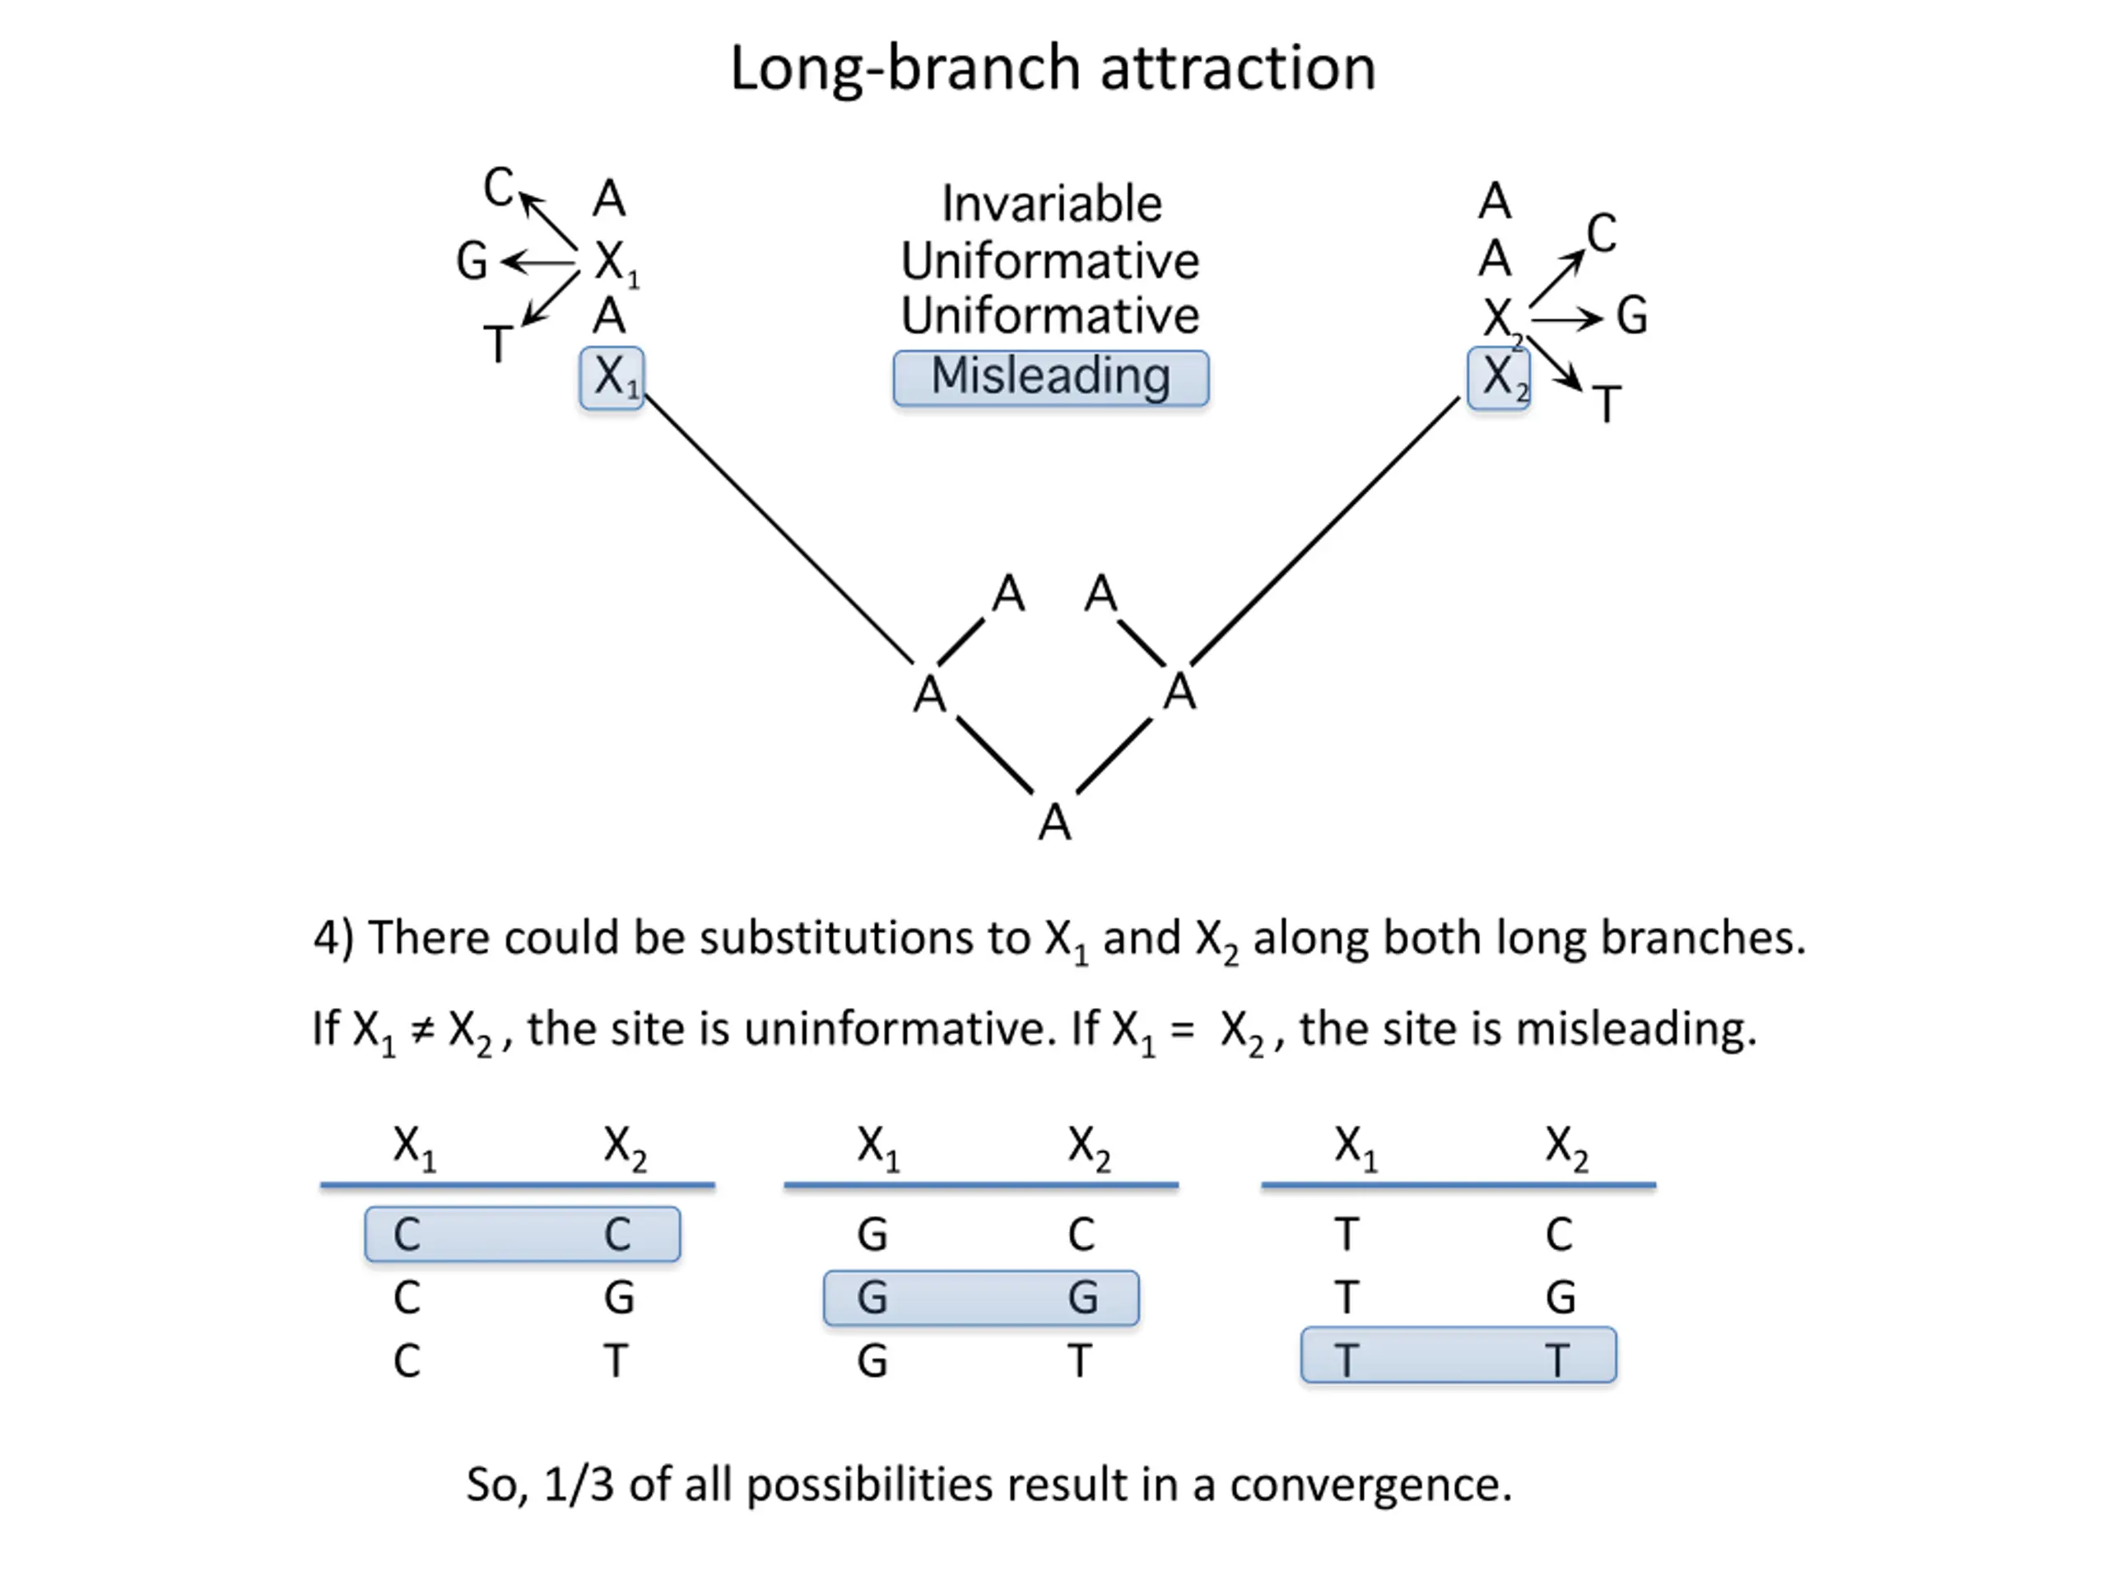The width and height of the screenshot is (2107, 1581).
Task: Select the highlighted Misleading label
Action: click(1051, 377)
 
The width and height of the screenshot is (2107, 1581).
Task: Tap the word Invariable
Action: click(1052, 204)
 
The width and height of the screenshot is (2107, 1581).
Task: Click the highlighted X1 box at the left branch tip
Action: click(612, 377)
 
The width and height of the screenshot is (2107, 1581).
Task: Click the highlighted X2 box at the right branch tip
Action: click(1498, 377)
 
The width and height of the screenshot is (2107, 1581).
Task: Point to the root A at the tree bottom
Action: click(1054, 823)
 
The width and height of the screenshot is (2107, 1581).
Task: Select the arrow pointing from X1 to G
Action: click(539, 261)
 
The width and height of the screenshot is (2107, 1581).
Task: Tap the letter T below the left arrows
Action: click(498, 344)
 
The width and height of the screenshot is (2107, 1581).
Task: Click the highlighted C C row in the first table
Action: click(522, 1234)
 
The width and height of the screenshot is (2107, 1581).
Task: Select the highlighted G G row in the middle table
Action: click(981, 1297)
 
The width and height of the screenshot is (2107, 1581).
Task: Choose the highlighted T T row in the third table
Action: click(1458, 1355)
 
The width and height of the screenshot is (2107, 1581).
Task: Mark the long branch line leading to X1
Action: click(777, 528)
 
